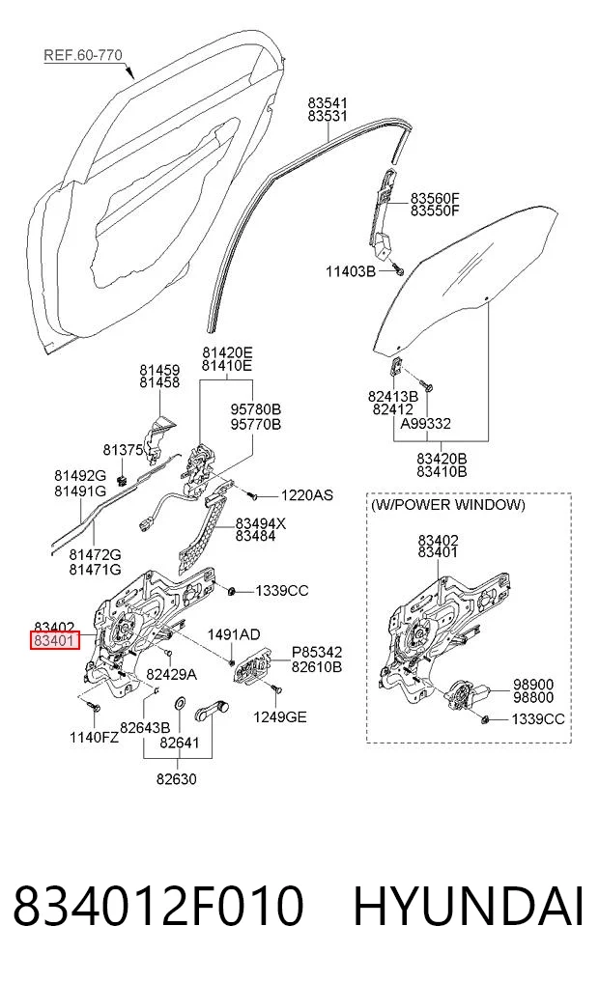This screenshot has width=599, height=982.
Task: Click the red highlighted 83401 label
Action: point(55,641)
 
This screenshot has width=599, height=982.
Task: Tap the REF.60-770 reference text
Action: point(83,55)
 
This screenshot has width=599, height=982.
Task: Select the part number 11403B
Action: point(351,271)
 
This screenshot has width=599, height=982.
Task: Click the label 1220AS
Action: point(306,495)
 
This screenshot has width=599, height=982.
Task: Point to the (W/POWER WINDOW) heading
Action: point(448,505)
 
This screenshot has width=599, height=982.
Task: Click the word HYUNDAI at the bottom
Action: point(469,906)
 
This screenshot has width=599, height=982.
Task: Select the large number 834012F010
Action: point(158,906)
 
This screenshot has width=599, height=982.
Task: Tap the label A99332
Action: point(426,424)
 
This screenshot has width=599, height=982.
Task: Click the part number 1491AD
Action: point(234,635)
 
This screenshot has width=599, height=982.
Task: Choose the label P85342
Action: point(317,653)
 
